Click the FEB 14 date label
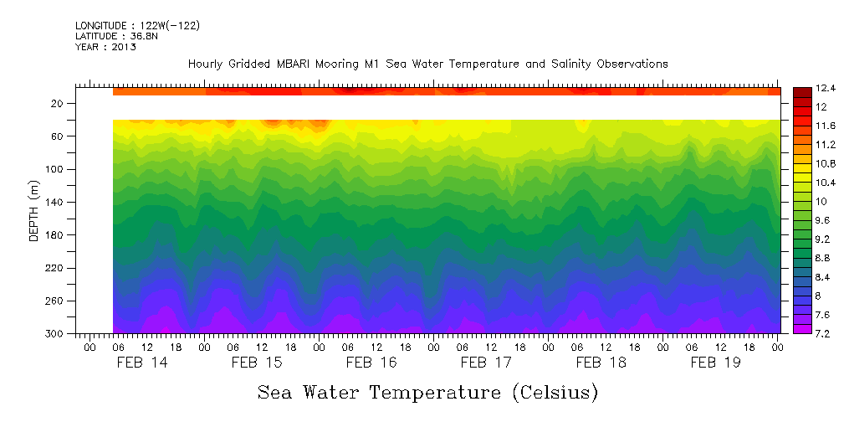(x=141, y=363)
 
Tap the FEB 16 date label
(x=371, y=363)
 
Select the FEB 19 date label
(x=714, y=363)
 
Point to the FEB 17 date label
(x=486, y=363)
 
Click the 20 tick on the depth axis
(x=58, y=104)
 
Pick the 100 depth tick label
(x=55, y=169)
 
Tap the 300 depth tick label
(x=55, y=333)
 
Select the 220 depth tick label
(x=55, y=268)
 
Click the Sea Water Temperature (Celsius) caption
(x=427, y=392)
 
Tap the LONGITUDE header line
(x=137, y=26)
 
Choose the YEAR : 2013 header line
(x=105, y=47)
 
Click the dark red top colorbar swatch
(x=801, y=91)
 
